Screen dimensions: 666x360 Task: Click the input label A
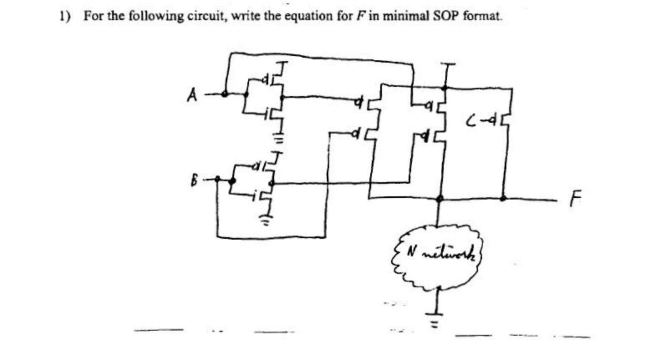click(x=192, y=96)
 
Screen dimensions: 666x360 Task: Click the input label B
click(x=194, y=181)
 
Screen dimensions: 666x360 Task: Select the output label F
click(x=575, y=199)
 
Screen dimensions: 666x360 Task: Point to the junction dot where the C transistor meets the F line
click(x=504, y=198)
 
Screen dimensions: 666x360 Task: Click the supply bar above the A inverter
click(x=283, y=63)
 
